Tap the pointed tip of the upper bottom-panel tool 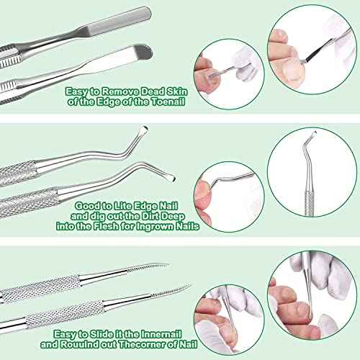click(166, 265)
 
